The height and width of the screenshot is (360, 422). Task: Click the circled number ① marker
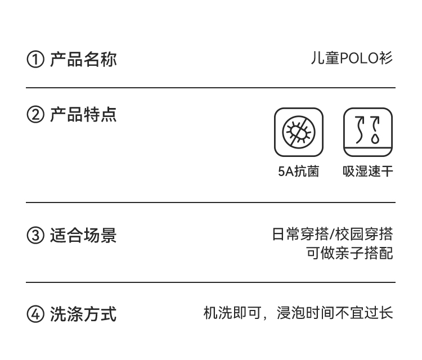[x=35, y=59]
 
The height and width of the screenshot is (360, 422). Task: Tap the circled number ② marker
[x=35, y=116]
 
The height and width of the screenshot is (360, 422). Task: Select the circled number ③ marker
[x=35, y=235]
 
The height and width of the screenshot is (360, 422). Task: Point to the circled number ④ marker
[x=35, y=314]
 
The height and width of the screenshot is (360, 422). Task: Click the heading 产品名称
[x=83, y=59]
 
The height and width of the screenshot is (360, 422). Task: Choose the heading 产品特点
[x=83, y=115]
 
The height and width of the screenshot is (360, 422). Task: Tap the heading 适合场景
[x=83, y=235]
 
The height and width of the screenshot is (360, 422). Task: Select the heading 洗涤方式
[x=83, y=314]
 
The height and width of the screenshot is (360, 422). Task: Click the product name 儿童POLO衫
[x=352, y=58]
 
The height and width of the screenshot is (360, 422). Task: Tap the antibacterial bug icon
[x=299, y=132]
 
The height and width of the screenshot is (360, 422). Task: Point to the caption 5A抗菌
[x=298, y=172]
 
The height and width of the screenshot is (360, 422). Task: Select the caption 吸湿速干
[x=368, y=172]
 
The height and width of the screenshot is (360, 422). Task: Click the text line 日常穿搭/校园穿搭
[x=332, y=234]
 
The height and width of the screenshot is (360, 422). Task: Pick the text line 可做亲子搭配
[x=349, y=253]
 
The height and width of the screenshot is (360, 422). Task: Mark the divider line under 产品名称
[x=210, y=88]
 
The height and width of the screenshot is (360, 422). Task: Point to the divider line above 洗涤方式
[x=210, y=282]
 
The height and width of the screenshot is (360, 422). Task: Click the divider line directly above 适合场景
[x=210, y=202]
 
